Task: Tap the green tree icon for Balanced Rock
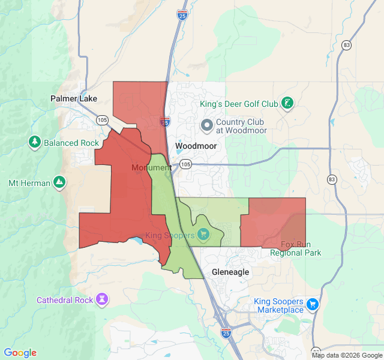35,142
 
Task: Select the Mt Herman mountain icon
59,182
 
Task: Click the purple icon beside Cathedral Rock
102,299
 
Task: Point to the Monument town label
151,167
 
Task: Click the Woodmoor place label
196,146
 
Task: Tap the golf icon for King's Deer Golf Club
288,103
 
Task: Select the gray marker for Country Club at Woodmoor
207,125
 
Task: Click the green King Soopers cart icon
204,233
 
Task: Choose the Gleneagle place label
230,272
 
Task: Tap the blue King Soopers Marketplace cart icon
312,304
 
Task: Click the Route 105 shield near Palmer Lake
101,120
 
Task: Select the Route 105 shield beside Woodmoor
185,164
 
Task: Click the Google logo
20,353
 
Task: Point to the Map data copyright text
347,355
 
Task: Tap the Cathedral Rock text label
64,299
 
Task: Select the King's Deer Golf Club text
239,104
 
